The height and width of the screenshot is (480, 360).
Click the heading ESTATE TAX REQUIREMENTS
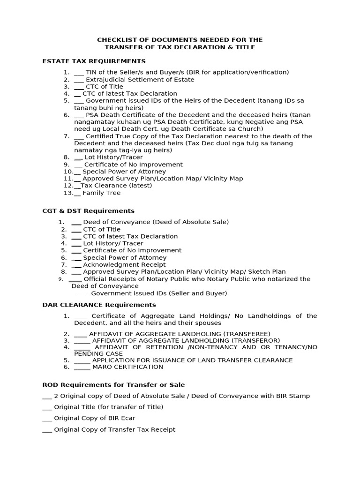pyautogui.click(x=94, y=61)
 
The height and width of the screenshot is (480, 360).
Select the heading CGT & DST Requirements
pyautogui.click(x=88, y=211)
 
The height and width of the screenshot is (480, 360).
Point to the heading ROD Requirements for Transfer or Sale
pyautogui.click(x=113, y=385)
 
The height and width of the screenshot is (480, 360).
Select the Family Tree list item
pyautogui.click(x=101, y=193)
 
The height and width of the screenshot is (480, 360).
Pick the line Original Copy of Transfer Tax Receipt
pyautogui.click(x=114, y=429)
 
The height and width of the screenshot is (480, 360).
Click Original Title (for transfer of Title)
pyautogui.click(x=109, y=407)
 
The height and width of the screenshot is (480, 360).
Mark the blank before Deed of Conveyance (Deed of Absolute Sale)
pyautogui.click(x=76, y=223)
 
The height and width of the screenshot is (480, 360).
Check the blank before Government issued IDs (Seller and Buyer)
pyautogui.click(x=82, y=294)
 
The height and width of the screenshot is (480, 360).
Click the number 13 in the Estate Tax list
pyautogui.click(x=68, y=193)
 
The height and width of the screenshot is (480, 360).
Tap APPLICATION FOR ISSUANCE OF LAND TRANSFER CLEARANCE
pyautogui.click(x=192, y=360)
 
